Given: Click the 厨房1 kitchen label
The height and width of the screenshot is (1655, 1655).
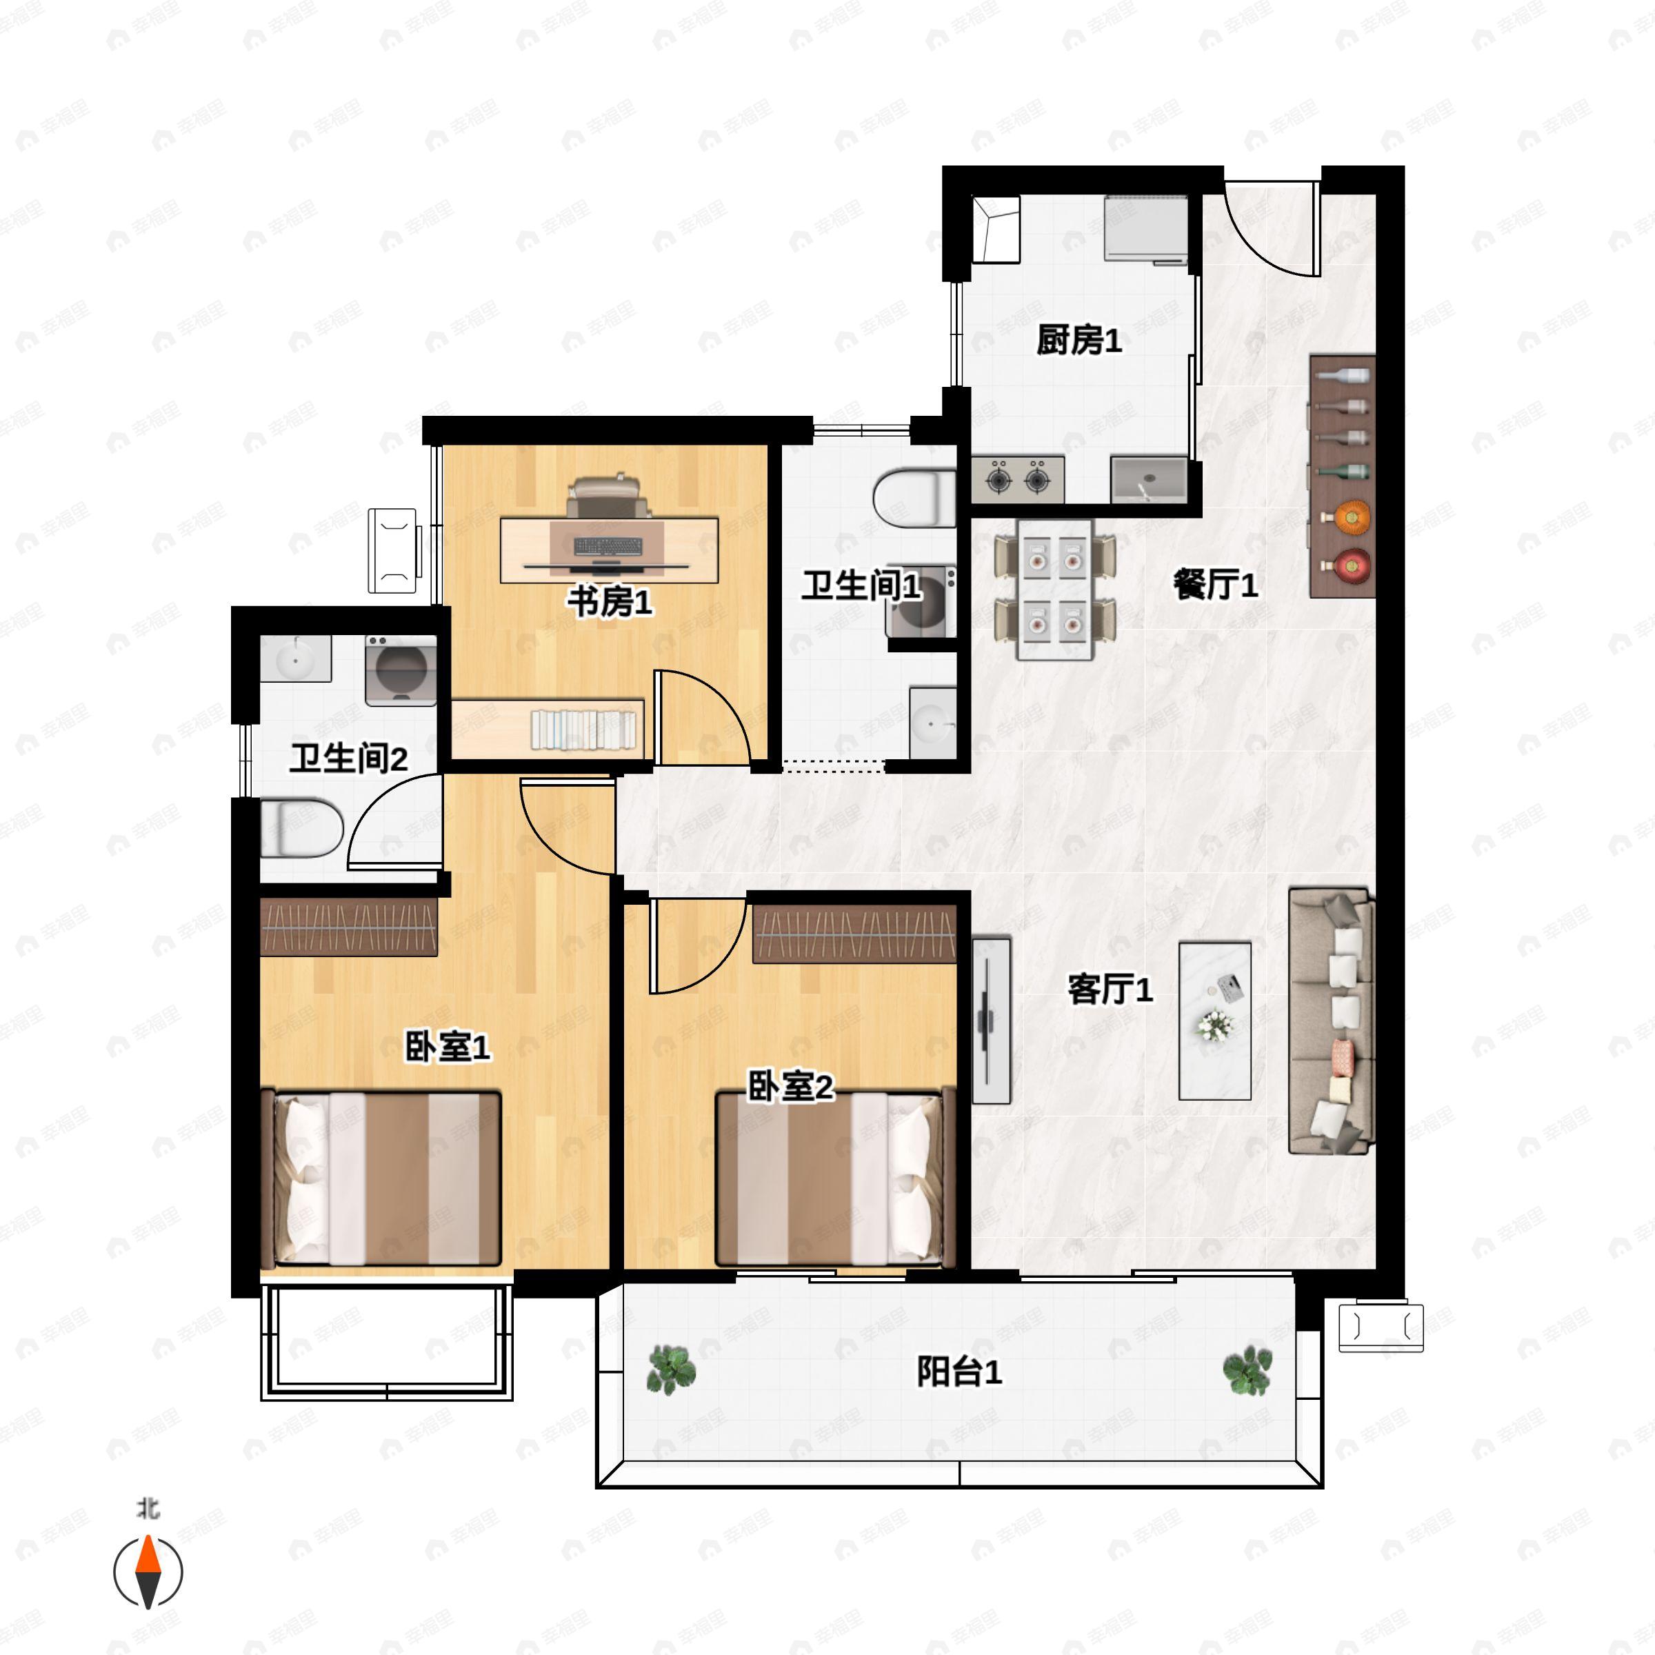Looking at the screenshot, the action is pyautogui.click(x=1079, y=340).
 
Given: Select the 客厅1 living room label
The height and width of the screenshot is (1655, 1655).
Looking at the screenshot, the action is pyautogui.click(x=1110, y=990).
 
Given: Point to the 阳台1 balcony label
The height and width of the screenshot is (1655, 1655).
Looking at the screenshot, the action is pyautogui.click(x=959, y=1372).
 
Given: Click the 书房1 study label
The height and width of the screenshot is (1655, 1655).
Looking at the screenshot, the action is pyautogui.click(x=610, y=601).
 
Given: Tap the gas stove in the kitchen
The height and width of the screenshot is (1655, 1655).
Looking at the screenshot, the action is pyautogui.click(x=1018, y=479).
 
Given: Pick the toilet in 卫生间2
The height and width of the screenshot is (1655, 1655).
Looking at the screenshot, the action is pyautogui.click(x=301, y=828).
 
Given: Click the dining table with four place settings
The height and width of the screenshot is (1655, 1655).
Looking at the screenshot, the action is pyautogui.click(x=1054, y=590).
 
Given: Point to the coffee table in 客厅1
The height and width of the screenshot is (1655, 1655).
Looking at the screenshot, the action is pyautogui.click(x=1214, y=1021).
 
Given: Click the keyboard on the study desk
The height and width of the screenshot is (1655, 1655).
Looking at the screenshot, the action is pyautogui.click(x=608, y=545).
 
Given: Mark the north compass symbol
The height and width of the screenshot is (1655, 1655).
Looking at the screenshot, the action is pyautogui.click(x=148, y=1573).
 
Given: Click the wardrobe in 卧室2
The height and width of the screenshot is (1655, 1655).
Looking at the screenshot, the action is pyautogui.click(x=854, y=934).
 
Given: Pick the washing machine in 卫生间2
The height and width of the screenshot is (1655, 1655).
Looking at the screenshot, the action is pyautogui.click(x=401, y=670).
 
